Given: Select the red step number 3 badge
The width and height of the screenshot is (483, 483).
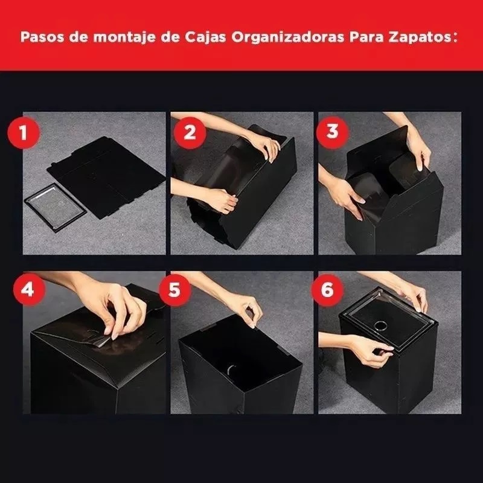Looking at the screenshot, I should tap(332, 132).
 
